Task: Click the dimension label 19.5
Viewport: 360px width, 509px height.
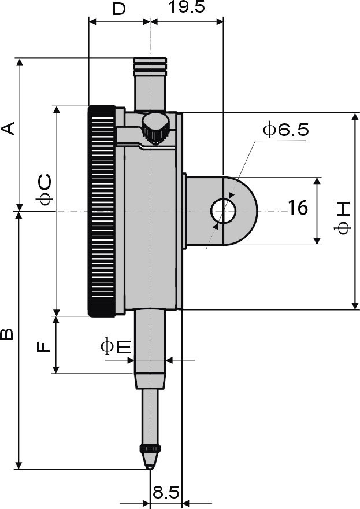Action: [187, 7]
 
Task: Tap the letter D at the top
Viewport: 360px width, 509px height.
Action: [119, 9]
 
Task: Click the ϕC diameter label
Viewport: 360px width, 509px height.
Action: [43, 190]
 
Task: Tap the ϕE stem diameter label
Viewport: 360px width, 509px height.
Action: [116, 346]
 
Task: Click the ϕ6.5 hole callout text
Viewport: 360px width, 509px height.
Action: [285, 130]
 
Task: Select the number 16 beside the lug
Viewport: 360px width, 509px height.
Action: [298, 208]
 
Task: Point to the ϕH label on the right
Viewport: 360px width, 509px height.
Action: [342, 218]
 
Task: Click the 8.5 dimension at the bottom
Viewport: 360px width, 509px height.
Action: [166, 492]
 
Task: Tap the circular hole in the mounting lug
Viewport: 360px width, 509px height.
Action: [223, 211]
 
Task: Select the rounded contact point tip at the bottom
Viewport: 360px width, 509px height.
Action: [150, 461]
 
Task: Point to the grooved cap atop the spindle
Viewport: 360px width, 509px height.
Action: [150, 65]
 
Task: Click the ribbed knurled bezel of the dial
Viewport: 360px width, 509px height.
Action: [102, 211]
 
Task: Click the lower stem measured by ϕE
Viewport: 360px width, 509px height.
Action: [150, 349]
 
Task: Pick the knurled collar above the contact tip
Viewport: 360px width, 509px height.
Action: [150, 449]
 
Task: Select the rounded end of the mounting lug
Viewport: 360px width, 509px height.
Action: [241, 211]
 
